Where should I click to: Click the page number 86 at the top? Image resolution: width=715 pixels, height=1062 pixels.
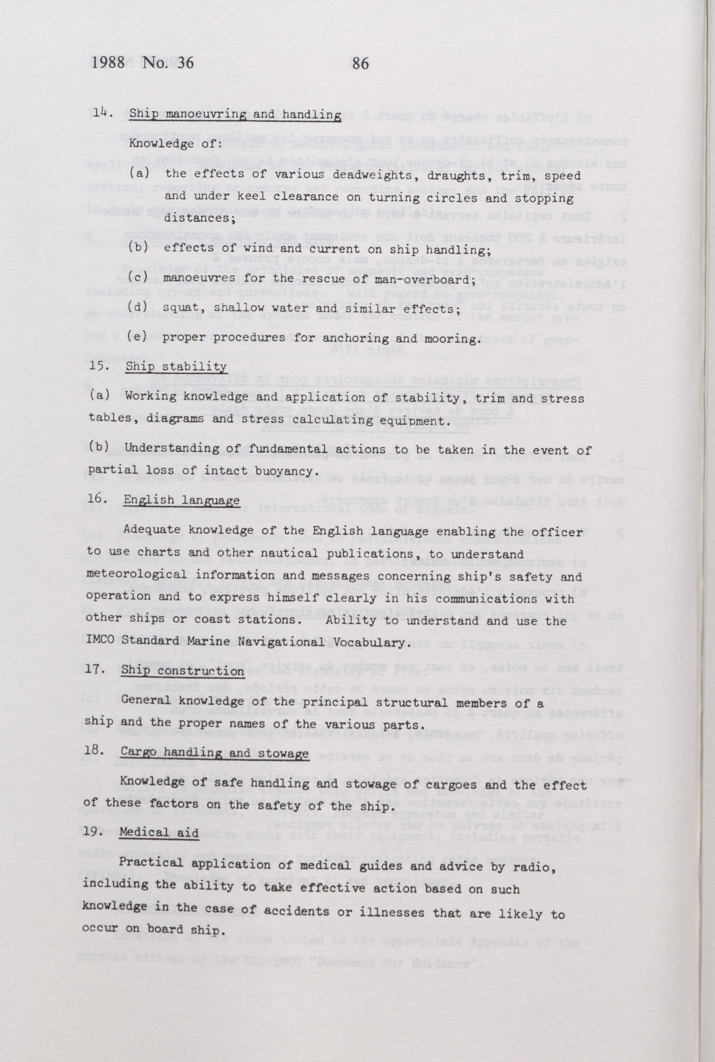pos(360,63)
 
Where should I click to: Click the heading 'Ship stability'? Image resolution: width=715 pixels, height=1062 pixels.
pos(176,367)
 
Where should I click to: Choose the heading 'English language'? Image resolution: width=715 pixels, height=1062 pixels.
pos(182,500)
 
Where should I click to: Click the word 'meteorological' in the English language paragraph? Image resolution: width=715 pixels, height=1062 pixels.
pos(136,575)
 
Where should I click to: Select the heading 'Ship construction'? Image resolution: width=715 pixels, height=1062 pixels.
pos(182,672)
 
